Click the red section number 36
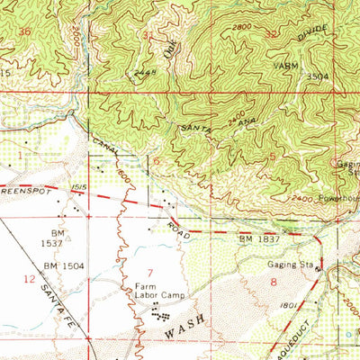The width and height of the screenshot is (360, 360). coord(23,31)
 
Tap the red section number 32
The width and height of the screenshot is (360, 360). coord(273,31)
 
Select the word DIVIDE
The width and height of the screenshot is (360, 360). coord(310,37)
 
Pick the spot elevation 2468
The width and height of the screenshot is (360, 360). coord(136,73)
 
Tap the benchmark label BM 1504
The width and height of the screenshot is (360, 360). coord(60,266)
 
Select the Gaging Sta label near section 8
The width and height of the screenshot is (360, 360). coord(288,265)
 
